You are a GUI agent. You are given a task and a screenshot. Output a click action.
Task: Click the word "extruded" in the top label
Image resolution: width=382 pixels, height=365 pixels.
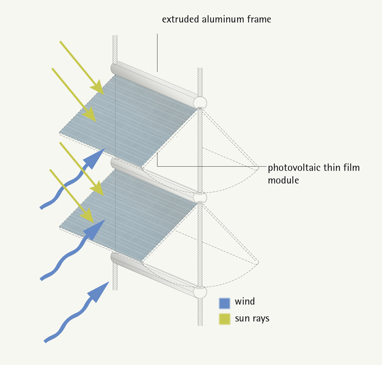click(180, 19)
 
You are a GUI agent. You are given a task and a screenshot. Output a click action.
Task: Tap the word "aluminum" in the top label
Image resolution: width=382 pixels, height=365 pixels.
click(222, 19)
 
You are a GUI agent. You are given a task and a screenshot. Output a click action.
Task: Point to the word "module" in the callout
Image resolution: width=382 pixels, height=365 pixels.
click(283, 180)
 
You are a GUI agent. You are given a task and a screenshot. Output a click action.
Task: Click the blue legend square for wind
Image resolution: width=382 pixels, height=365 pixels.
click(224, 303)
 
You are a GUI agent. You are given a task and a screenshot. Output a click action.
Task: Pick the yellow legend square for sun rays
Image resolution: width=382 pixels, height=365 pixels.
click(224, 319)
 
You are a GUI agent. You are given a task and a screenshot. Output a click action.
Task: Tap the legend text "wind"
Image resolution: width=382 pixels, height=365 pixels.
click(244, 302)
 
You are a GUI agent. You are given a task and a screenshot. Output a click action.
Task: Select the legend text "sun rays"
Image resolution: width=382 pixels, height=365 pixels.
click(252, 318)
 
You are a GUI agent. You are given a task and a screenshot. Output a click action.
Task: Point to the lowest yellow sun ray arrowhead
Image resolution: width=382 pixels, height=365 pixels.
click(88, 216)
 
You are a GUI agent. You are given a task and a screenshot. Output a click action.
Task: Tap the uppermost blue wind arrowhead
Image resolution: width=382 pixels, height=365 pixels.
click(95, 158)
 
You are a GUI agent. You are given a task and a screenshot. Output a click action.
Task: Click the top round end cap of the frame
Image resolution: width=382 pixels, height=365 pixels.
click(200, 103)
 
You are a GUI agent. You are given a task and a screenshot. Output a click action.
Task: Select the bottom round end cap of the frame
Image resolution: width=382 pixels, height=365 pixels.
click(200, 292)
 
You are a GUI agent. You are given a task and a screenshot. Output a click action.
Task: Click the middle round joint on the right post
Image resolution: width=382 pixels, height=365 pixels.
click(200, 197)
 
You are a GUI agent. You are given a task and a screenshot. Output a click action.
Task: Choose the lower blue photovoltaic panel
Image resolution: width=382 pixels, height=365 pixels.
click(129, 215)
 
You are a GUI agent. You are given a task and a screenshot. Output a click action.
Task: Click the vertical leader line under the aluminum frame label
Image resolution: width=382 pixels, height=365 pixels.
click(157, 53)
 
